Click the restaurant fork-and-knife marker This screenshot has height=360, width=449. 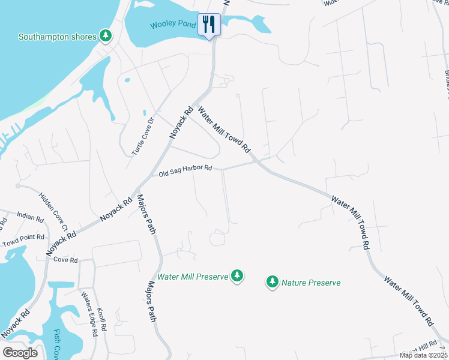pyautogui.click(x=209, y=25)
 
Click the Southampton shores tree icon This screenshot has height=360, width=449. pyautogui.click(x=106, y=36)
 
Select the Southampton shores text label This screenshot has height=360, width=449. pyautogui.click(x=57, y=37)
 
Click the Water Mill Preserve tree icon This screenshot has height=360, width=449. pyautogui.click(x=238, y=276)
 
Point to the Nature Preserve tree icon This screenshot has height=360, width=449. pyautogui.click(x=273, y=281)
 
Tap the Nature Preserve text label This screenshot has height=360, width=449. pyautogui.click(x=311, y=283)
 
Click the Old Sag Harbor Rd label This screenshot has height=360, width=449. pyautogui.click(x=185, y=172)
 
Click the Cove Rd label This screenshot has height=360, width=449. pyautogui.click(x=65, y=260)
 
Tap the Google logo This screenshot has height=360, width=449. pyautogui.click(x=20, y=352)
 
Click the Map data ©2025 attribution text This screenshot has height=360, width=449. pyautogui.click(x=424, y=356)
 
